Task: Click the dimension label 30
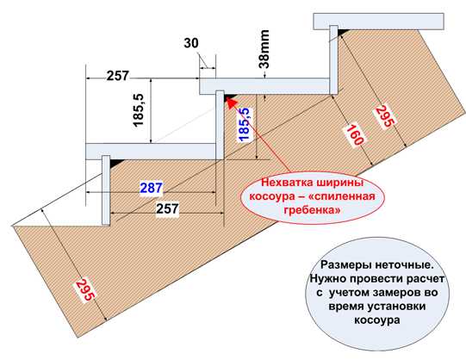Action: point(191,43)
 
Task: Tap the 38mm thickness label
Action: point(264,49)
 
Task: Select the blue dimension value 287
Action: point(152,188)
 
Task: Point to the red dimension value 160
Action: point(354,135)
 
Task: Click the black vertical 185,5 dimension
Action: point(139,110)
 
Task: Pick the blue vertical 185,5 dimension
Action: point(244,125)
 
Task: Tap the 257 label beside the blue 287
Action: point(167,208)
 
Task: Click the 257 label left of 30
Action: point(118,76)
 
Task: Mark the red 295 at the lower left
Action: point(86,289)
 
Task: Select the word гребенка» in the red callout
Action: point(312,210)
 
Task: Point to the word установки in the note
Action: point(397,307)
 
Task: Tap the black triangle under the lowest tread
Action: point(116,163)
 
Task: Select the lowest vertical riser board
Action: point(106,190)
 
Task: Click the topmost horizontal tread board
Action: point(379,22)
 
